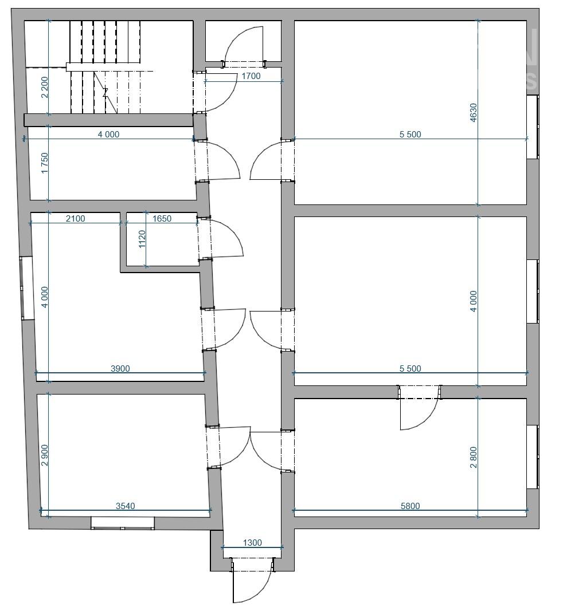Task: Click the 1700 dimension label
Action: pos(251,76)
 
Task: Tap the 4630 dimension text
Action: pos(473,113)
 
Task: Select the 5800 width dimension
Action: pos(410,506)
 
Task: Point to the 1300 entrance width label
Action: pos(252,542)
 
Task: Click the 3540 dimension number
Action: pos(126,506)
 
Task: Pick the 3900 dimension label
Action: pos(120,368)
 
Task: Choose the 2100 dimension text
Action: pos(75,218)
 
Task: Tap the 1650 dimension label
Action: pos(162,218)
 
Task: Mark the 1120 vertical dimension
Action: pos(142,239)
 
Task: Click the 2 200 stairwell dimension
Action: pos(45,87)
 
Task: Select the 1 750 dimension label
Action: pos(45,163)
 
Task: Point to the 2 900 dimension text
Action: pos(45,455)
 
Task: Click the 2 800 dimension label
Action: pos(473,457)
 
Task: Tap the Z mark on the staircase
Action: pos(105,93)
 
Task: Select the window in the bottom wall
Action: pos(123,523)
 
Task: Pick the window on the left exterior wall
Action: pos(27,288)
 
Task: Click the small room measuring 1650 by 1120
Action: pos(162,239)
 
